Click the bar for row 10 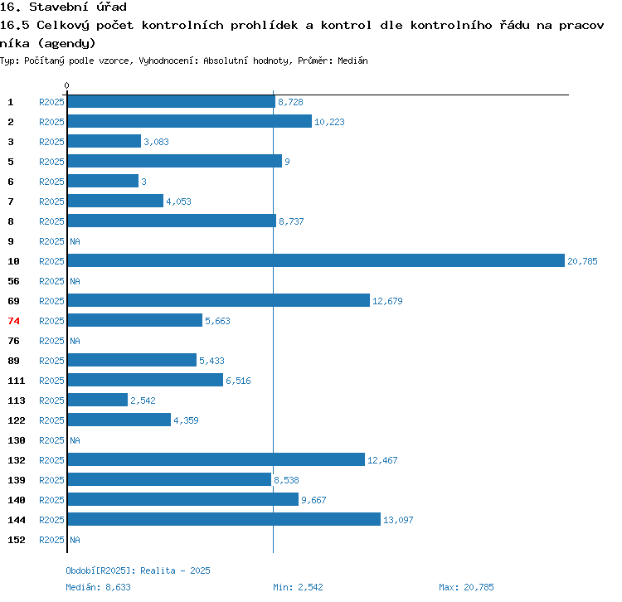pos(315,260)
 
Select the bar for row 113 pos(98,400)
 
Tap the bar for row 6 pos(103,181)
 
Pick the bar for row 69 pos(218,300)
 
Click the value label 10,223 pos(329,122)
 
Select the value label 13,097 pos(398,520)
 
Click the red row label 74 pos(13,321)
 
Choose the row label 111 pos(17,381)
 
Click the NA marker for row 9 pos(75,241)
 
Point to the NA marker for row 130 pos(75,440)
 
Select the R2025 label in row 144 pos(51,520)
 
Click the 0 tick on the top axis pos(67,85)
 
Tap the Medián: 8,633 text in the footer pos(98,587)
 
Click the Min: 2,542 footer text pos(299,587)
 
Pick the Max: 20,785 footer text pos(466,587)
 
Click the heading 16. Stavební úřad pos(63,7)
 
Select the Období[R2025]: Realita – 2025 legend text pos(138,570)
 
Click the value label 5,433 pos(211,361)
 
